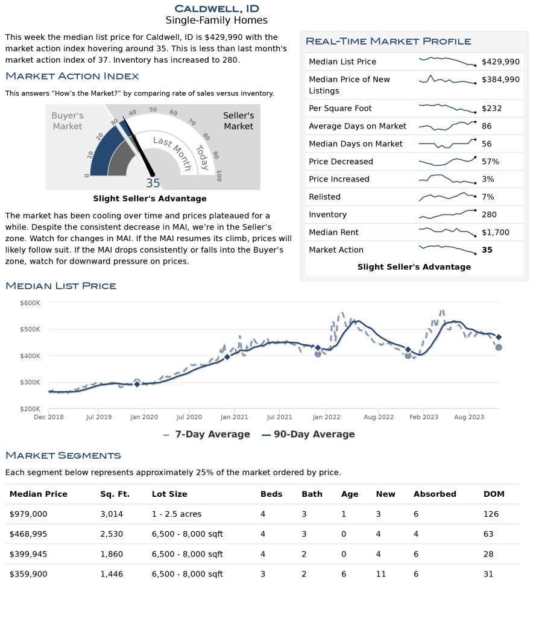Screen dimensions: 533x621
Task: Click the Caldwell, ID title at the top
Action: (216, 8)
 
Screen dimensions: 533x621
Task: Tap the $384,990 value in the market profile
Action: (500, 79)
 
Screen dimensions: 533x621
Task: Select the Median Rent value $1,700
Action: (496, 232)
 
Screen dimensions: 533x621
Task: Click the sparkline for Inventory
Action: (447, 214)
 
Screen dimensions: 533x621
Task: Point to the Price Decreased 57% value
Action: (490, 161)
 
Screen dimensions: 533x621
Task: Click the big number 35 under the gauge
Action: (153, 183)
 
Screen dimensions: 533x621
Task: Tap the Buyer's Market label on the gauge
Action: (68, 121)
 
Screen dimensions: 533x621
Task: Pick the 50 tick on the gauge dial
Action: (153, 109)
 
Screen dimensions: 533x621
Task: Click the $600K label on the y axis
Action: (30, 303)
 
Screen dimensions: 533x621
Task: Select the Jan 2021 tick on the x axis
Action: (234, 417)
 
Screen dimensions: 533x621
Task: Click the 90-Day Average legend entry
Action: (308, 435)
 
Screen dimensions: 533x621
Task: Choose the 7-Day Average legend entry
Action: (206, 435)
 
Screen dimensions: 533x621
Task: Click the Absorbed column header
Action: (435, 494)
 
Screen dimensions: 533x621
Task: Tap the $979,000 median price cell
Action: (28, 514)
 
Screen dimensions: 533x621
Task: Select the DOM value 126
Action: (491, 514)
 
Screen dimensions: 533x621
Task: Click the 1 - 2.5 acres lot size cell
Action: (177, 514)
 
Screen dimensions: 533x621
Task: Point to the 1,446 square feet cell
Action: (112, 574)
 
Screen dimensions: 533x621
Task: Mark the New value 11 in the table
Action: (381, 574)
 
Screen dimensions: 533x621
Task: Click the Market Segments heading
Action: (63, 455)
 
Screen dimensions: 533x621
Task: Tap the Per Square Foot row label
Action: (340, 108)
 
